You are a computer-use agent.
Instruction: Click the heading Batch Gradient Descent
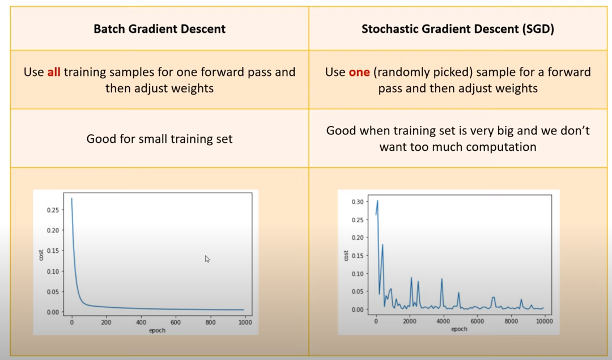pos(159,29)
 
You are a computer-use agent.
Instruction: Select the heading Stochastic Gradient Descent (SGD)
pos(457,29)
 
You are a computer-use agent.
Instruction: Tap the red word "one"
pos(358,73)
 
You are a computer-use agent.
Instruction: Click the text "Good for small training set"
pos(159,139)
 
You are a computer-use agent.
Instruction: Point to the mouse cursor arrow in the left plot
pos(207,259)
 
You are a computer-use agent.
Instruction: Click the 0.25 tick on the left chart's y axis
pos(53,210)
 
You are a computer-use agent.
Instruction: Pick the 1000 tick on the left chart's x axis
pos(244,322)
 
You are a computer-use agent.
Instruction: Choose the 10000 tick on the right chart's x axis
pos(545,321)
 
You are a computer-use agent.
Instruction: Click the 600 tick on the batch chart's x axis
pos(175,322)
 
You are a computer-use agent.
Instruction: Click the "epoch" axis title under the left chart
pos(157,330)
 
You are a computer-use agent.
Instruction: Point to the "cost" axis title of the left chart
pos(41,255)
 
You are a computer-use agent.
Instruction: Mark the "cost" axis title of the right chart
pos(346,255)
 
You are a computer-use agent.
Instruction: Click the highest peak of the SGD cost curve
pos(377,201)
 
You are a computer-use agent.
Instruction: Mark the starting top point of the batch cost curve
pos(71,198)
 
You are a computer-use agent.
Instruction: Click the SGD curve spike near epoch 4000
pos(441,279)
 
